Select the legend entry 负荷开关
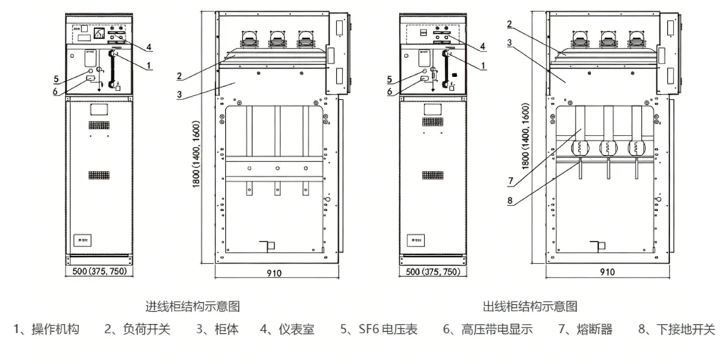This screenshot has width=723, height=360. click(138, 329)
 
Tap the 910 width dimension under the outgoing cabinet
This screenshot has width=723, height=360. click(607, 272)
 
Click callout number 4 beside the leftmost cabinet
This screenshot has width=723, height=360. click(150, 47)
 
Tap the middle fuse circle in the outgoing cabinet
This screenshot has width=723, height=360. click(606, 148)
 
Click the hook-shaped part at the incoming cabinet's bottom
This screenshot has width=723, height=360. click(266, 247)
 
